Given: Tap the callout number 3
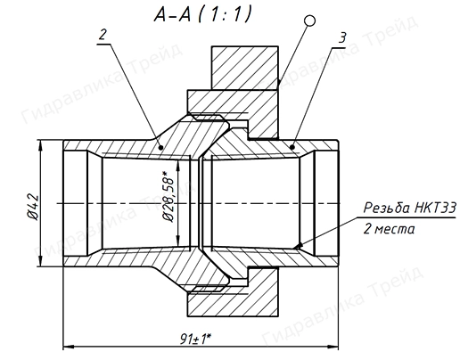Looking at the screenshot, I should [341, 37].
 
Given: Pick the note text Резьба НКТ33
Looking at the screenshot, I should [409, 209].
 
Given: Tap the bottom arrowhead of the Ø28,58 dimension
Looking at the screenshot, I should [179, 243].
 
